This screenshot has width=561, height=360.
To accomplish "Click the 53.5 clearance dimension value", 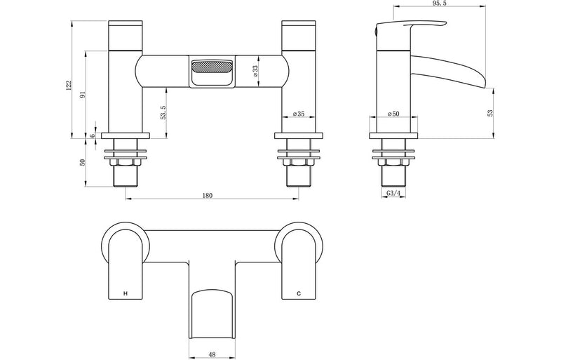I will (x=163, y=112).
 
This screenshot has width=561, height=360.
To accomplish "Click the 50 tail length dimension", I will (x=83, y=162).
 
